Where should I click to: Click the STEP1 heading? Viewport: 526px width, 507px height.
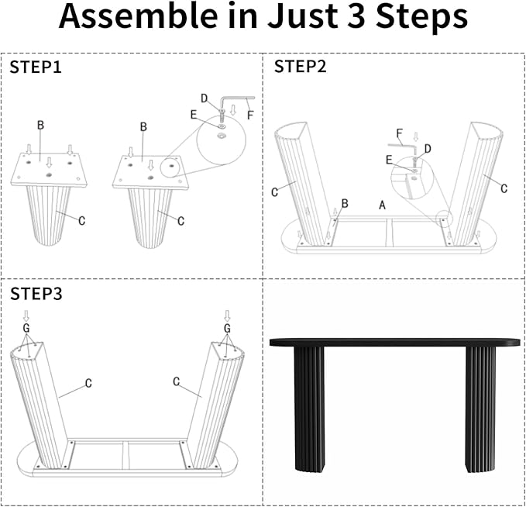point(35,67)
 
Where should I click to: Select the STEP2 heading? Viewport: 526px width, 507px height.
point(301,67)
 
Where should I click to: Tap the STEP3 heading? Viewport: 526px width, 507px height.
point(36,294)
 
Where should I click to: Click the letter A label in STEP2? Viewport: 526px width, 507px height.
point(381,205)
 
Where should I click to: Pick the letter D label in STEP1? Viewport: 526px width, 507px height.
point(205,98)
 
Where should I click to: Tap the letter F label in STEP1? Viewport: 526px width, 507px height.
point(249,116)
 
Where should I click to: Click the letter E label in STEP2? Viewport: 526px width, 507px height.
point(389,160)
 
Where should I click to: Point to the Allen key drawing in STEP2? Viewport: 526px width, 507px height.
point(398,143)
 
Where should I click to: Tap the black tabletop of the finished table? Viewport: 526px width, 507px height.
point(394,341)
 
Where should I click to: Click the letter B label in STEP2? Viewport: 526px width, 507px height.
point(345,203)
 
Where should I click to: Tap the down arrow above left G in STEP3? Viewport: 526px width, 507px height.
point(26,315)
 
